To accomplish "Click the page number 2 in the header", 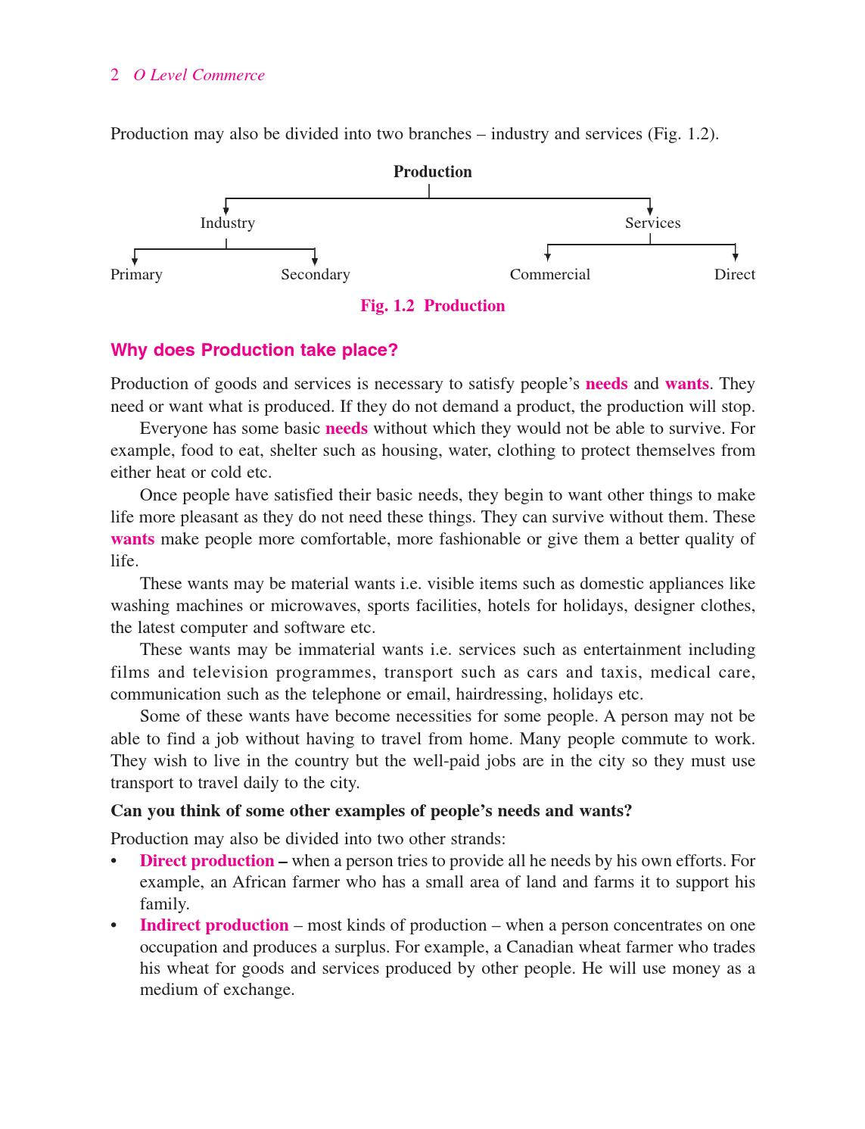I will point(115,75).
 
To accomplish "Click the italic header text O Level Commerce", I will point(199,75).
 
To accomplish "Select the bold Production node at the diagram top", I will point(432,172).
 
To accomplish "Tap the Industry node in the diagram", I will point(227,223).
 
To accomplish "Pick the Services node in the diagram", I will point(652,223).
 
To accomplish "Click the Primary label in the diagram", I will point(136,274).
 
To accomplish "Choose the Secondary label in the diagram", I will point(315,274).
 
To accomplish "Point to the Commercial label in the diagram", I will point(549,274).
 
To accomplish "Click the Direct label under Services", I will point(734,274).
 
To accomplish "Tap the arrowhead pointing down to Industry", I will point(226,210).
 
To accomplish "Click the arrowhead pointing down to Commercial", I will point(547,257).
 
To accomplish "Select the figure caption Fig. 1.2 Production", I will point(432,306).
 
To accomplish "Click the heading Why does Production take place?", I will point(254,350).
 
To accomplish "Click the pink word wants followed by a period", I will point(686,384).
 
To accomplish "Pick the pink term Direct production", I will point(207,861).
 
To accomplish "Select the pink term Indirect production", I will point(214,925).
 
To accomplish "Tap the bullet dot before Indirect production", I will point(114,926).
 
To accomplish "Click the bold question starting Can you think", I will point(371,811).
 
